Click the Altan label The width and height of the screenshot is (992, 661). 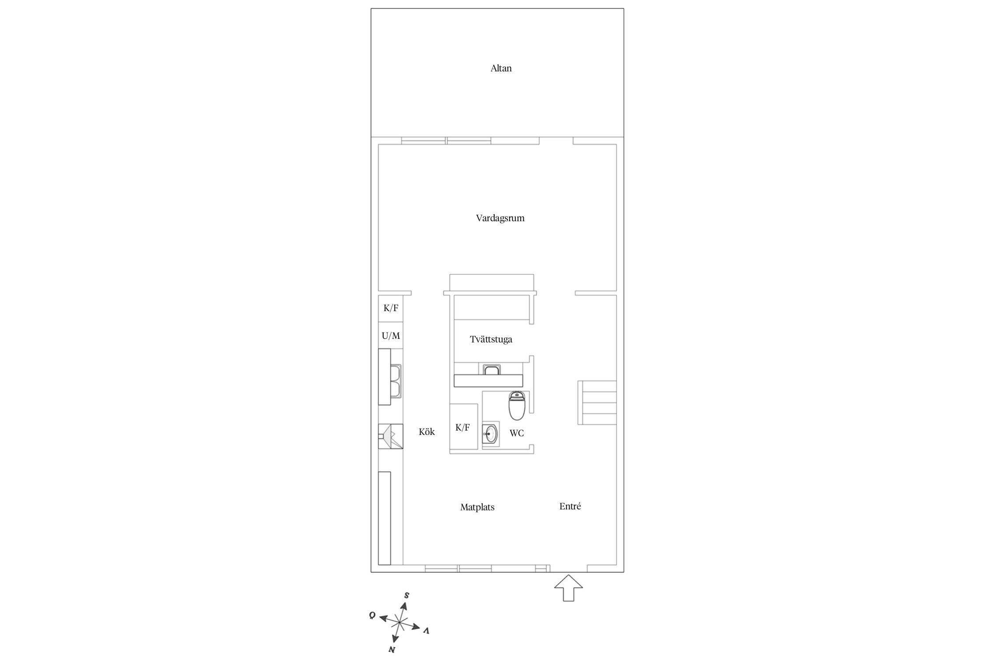pos(501,68)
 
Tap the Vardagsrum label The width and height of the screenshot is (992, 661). pos(500,218)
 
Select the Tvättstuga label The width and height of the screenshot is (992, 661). pos(491,339)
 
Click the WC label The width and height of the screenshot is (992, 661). pos(517,433)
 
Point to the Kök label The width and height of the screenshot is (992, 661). pos(427,432)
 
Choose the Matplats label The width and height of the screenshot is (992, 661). pos(477,507)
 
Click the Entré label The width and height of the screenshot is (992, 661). pos(570,506)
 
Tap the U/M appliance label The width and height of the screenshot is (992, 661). pos(391,336)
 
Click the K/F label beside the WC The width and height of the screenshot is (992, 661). pos(462,427)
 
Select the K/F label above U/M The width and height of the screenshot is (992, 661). pos(391,308)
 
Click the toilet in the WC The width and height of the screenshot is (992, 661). pos(517,405)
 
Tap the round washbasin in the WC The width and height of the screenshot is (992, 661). pos(491,434)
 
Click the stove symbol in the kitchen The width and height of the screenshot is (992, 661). pos(391,436)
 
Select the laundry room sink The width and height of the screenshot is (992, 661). pos(491,370)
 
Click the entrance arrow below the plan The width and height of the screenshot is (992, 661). pos(568,588)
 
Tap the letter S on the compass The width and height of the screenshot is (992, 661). pos(406,595)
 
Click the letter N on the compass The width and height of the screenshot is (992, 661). pos(391,650)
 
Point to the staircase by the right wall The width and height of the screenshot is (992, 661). pos(597,403)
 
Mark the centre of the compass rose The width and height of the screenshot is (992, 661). pos(399,622)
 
